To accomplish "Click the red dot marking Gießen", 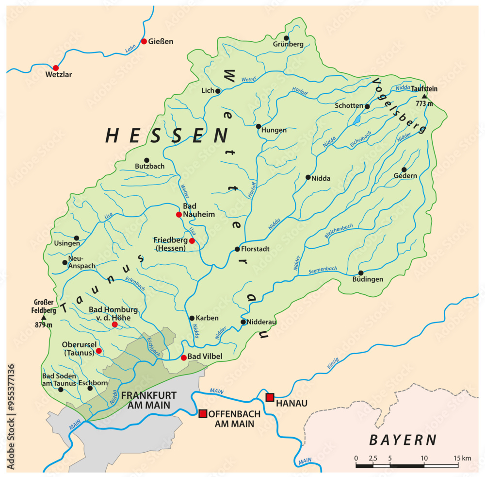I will tap(144, 41).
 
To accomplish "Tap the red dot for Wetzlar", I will tap(56, 68).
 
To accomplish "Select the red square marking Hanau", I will tap(270, 397).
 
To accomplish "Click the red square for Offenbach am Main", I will tap(202, 413).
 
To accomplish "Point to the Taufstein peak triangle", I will tap(424, 96).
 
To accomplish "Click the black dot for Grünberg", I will tap(286, 38).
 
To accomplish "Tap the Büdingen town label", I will tap(369, 279).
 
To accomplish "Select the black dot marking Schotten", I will tap(367, 106).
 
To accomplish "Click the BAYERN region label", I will tap(403, 440).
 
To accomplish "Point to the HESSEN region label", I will tap(166, 136).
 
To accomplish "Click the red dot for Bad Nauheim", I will tap(179, 214).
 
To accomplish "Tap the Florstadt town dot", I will tap(237, 249).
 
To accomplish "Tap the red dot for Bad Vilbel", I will tap(183, 358).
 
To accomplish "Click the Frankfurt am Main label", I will tap(148, 399).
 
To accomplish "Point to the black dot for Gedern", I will tap(404, 170).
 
